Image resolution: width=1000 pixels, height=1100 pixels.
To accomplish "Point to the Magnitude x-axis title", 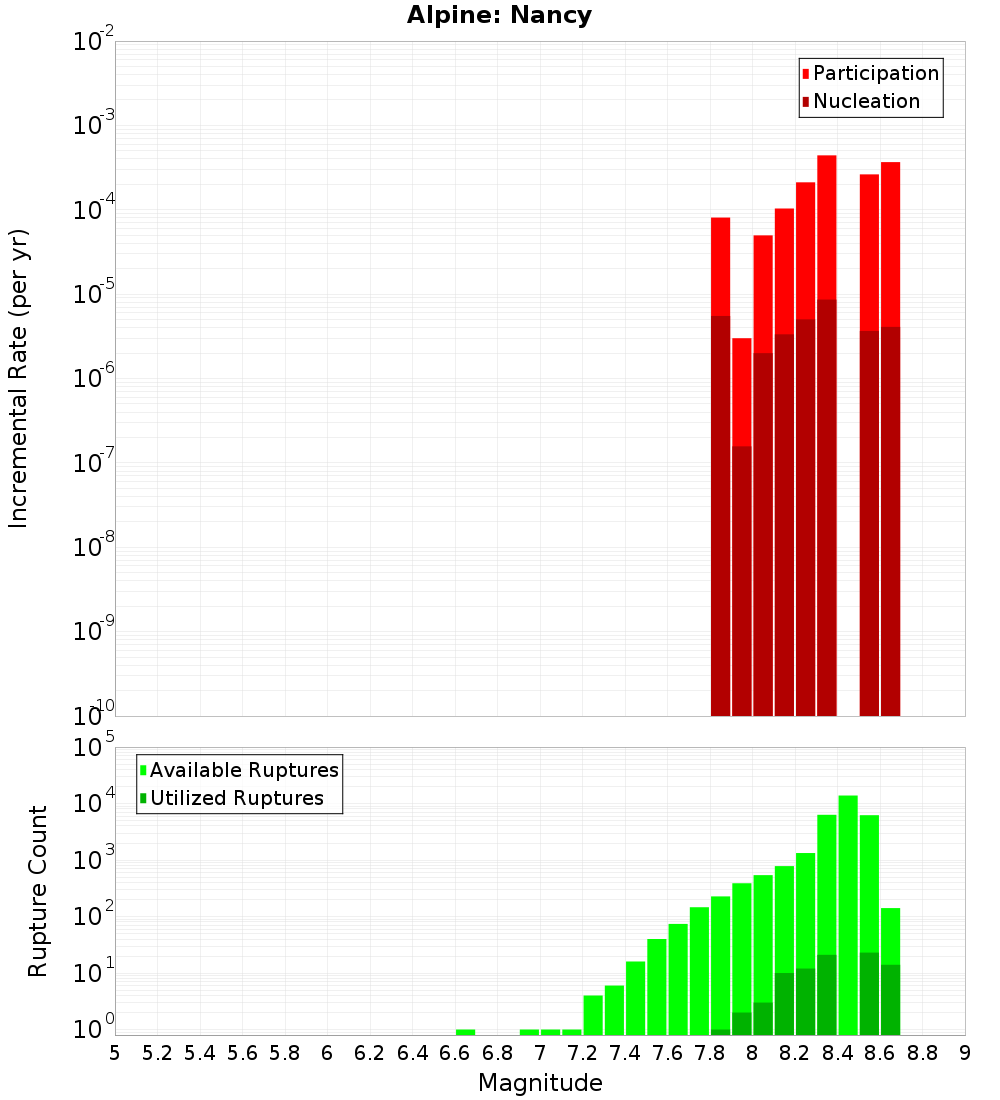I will coord(540,1083).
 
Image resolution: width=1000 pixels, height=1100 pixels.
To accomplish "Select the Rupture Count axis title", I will coord(38,891).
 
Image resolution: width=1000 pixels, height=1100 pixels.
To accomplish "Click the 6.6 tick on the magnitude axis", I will coord(455,1053).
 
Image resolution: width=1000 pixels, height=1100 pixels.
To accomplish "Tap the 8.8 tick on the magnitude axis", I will coord(923,1053).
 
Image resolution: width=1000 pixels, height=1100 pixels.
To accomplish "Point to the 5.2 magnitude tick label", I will coord(158,1053).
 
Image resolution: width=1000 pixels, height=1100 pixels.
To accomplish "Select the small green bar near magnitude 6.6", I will coord(465,1032).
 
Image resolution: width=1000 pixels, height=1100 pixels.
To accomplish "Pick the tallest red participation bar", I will coord(827,230).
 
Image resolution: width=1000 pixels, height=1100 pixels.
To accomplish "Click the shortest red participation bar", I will coord(741,390).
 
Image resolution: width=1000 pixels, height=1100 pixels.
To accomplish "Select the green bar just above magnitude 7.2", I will coord(593,1015).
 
